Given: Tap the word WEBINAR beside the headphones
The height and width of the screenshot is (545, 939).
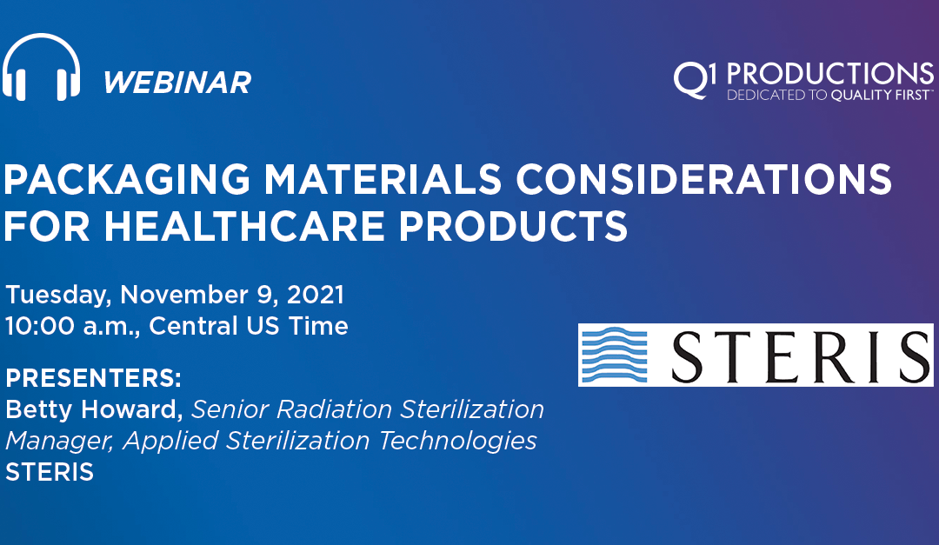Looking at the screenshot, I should click(176, 83).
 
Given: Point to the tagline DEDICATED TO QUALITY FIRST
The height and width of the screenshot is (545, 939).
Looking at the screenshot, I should click(830, 95).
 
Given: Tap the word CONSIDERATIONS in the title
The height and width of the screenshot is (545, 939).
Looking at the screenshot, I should click(704, 180).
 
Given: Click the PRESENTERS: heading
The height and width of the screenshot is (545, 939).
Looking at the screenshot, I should click(93, 380).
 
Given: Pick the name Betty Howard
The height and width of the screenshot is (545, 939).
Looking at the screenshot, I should click(92, 408).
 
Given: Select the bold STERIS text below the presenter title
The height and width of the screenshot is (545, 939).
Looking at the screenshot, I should click(50, 473).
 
